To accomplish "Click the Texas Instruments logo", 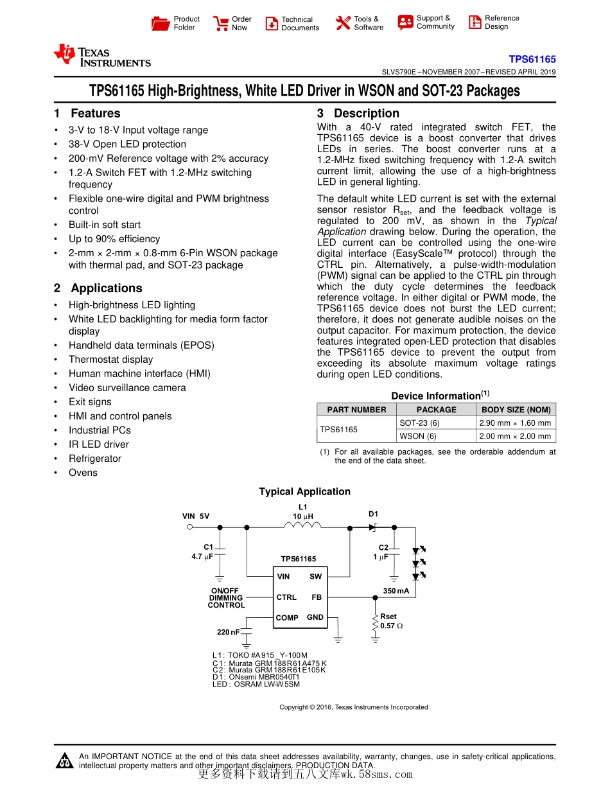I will point(103,56).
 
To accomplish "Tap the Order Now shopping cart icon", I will point(221,24).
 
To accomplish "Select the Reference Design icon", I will point(475,22).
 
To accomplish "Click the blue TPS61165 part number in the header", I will point(532,58).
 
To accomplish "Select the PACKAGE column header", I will point(436,410).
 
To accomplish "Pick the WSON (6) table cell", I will point(418,436).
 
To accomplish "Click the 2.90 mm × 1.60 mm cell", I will point(515,423).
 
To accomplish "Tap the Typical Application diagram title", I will point(304,492).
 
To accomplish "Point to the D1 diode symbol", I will point(373,527).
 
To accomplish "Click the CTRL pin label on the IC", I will point(286,597).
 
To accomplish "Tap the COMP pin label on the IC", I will point(287,618).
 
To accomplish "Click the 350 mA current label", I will point(396,591).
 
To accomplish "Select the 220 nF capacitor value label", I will point(228,633).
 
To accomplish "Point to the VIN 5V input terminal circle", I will point(189,527).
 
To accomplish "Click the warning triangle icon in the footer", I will point(65,760).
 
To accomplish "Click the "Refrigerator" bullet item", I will point(95,459).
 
